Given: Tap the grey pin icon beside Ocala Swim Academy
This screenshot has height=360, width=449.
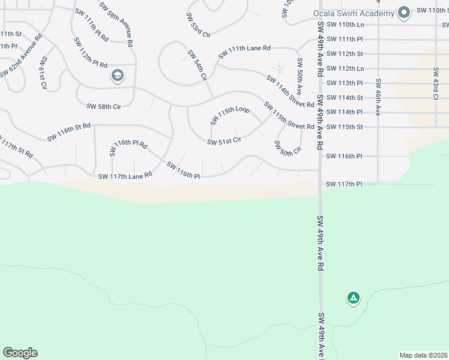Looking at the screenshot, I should (404, 13).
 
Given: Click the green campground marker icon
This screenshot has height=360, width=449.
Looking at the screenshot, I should (353, 297).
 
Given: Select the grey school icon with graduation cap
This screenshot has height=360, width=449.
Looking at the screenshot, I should (117, 76).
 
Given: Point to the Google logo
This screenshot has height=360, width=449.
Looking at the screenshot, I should (20, 353).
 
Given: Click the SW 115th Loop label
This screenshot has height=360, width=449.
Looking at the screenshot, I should (229, 115).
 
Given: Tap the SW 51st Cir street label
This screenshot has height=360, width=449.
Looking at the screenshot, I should (224, 142).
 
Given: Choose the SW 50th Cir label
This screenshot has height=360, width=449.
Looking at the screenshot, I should (286, 149).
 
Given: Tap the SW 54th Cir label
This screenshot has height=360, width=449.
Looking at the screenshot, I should (197, 66).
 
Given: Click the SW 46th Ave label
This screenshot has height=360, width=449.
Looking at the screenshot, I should (378, 97).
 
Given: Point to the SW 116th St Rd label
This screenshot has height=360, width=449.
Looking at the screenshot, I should (69, 132).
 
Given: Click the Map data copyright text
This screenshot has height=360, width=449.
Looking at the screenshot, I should (423, 355).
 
